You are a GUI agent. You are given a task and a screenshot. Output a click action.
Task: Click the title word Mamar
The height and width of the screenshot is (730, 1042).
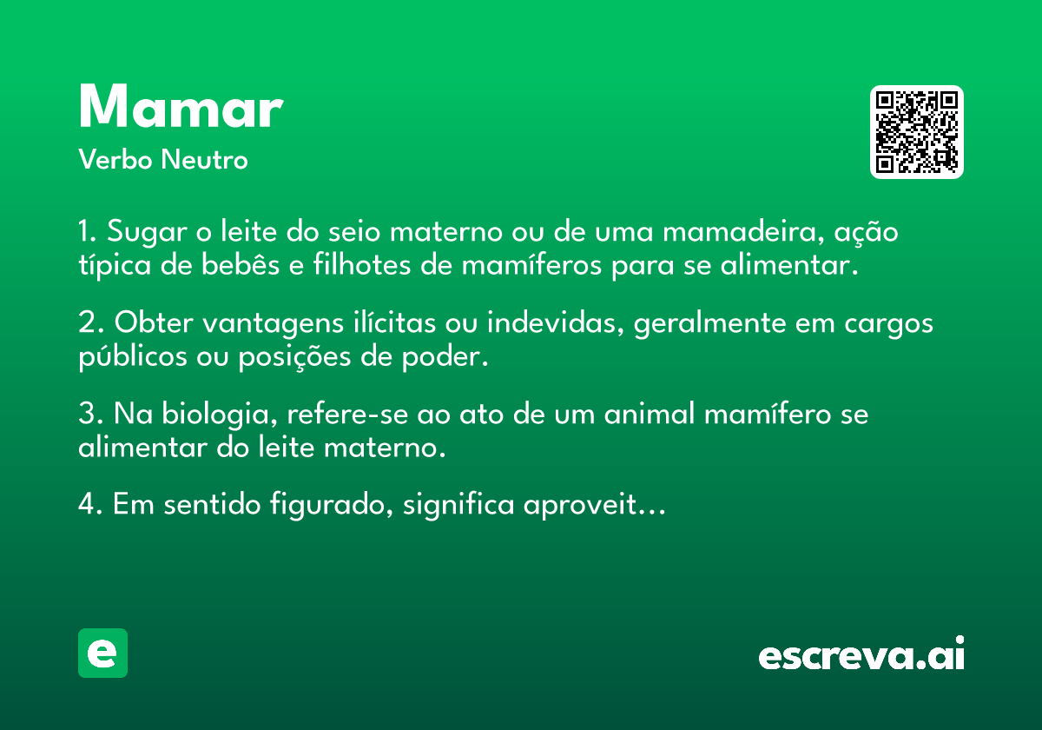181,106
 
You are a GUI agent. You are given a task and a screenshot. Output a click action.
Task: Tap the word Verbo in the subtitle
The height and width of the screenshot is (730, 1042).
115,159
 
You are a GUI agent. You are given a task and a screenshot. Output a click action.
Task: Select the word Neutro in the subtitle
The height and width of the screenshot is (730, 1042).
204,159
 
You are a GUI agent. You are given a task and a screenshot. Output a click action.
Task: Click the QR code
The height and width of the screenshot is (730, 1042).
916,132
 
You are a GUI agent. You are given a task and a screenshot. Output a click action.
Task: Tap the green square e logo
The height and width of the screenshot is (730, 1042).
102,653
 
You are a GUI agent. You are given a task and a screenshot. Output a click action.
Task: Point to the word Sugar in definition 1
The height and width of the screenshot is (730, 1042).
147,232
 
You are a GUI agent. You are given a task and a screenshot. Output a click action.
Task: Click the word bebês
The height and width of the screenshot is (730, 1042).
241,264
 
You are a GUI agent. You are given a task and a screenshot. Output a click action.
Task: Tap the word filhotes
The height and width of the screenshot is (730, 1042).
362,264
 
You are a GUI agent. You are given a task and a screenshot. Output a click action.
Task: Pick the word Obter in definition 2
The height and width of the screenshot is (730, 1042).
154,322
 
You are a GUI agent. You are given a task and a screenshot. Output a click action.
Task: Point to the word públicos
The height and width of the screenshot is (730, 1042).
133,357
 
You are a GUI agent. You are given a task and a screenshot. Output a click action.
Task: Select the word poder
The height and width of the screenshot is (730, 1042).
445,356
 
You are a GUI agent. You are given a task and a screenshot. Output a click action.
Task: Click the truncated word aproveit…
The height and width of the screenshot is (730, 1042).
595,505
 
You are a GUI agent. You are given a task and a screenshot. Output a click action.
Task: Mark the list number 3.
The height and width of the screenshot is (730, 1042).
87,414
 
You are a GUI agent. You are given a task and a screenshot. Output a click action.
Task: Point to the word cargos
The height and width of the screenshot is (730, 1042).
888,323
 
